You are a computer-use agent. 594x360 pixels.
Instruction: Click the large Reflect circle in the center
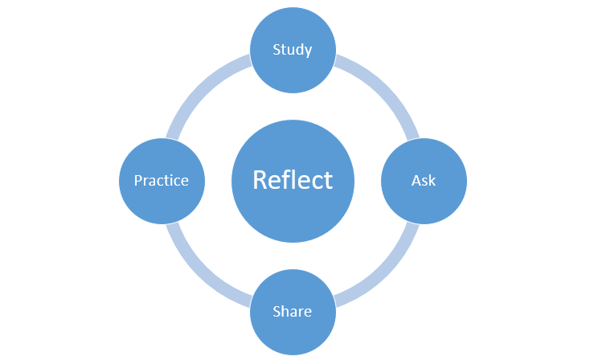click(293, 181)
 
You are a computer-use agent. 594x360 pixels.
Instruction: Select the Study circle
click(293, 50)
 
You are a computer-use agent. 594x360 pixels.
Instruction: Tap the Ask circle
click(424, 181)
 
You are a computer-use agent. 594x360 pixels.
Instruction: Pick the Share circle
click(293, 312)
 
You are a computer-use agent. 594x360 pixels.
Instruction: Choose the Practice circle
click(162, 181)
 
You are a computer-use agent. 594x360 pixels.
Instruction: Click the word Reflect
click(293, 179)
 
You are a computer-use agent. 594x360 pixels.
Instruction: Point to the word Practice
click(162, 181)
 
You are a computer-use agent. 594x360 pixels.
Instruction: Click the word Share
click(292, 311)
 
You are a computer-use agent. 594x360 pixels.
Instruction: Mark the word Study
click(292, 50)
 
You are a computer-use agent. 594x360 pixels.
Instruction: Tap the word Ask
click(424, 181)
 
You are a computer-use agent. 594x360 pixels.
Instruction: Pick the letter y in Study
click(308, 52)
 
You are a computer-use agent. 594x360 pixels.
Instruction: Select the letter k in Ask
click(432, 180)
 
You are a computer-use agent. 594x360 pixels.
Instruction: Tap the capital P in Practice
click(138, 181)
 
